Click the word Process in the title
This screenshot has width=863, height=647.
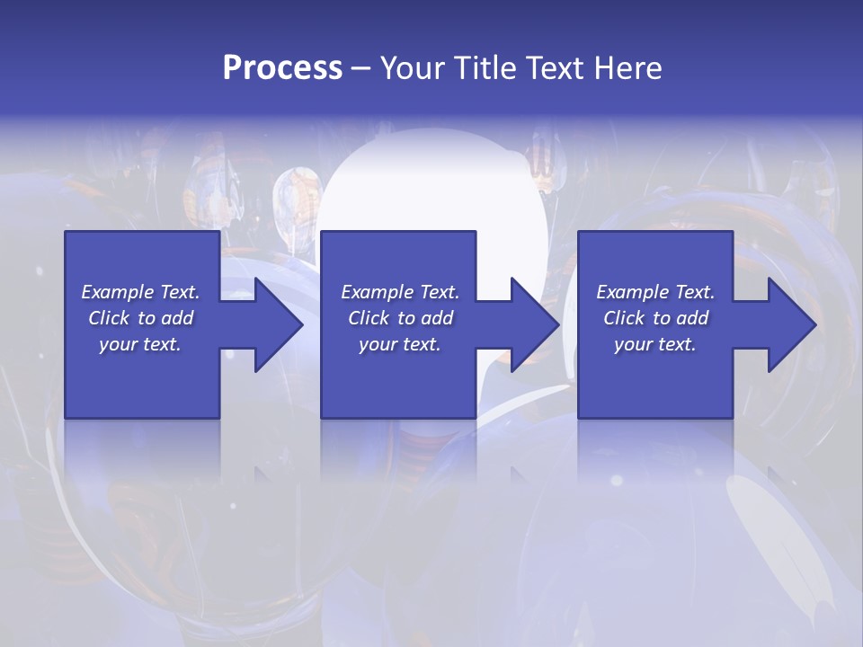pyautogui.click(x=282, y=67)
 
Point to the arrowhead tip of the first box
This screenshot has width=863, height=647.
pyautogui.click(x=302, y=324)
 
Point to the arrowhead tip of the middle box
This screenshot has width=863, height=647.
pyautogui.click(x=558, y=324)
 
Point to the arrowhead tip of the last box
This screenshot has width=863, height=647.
pyautogui.click(x=815, y=324)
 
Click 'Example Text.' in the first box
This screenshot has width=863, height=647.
pyautogui.click(x=140, y=292)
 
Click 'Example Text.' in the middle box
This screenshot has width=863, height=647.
pyautogui.click(x=400, y=292)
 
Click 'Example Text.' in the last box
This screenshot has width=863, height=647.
pyautogui.click(x=655, y=292)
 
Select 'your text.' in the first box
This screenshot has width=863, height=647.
pyautogui.click(x=140, y=344)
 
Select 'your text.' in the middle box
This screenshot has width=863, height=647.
pyautogui.click(x=400, y=344)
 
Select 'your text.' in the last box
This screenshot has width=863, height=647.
pyautogui.click(x=655, y=344)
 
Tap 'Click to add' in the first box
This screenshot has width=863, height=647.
pyautogui.click(x=140, y=318)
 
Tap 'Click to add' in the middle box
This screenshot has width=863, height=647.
pyautogui.click(x=400, y=318)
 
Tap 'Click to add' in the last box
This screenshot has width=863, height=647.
pyautogui.click(x=655, y=318)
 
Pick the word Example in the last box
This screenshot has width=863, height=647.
pyautogui.click(x=633, y=292)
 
